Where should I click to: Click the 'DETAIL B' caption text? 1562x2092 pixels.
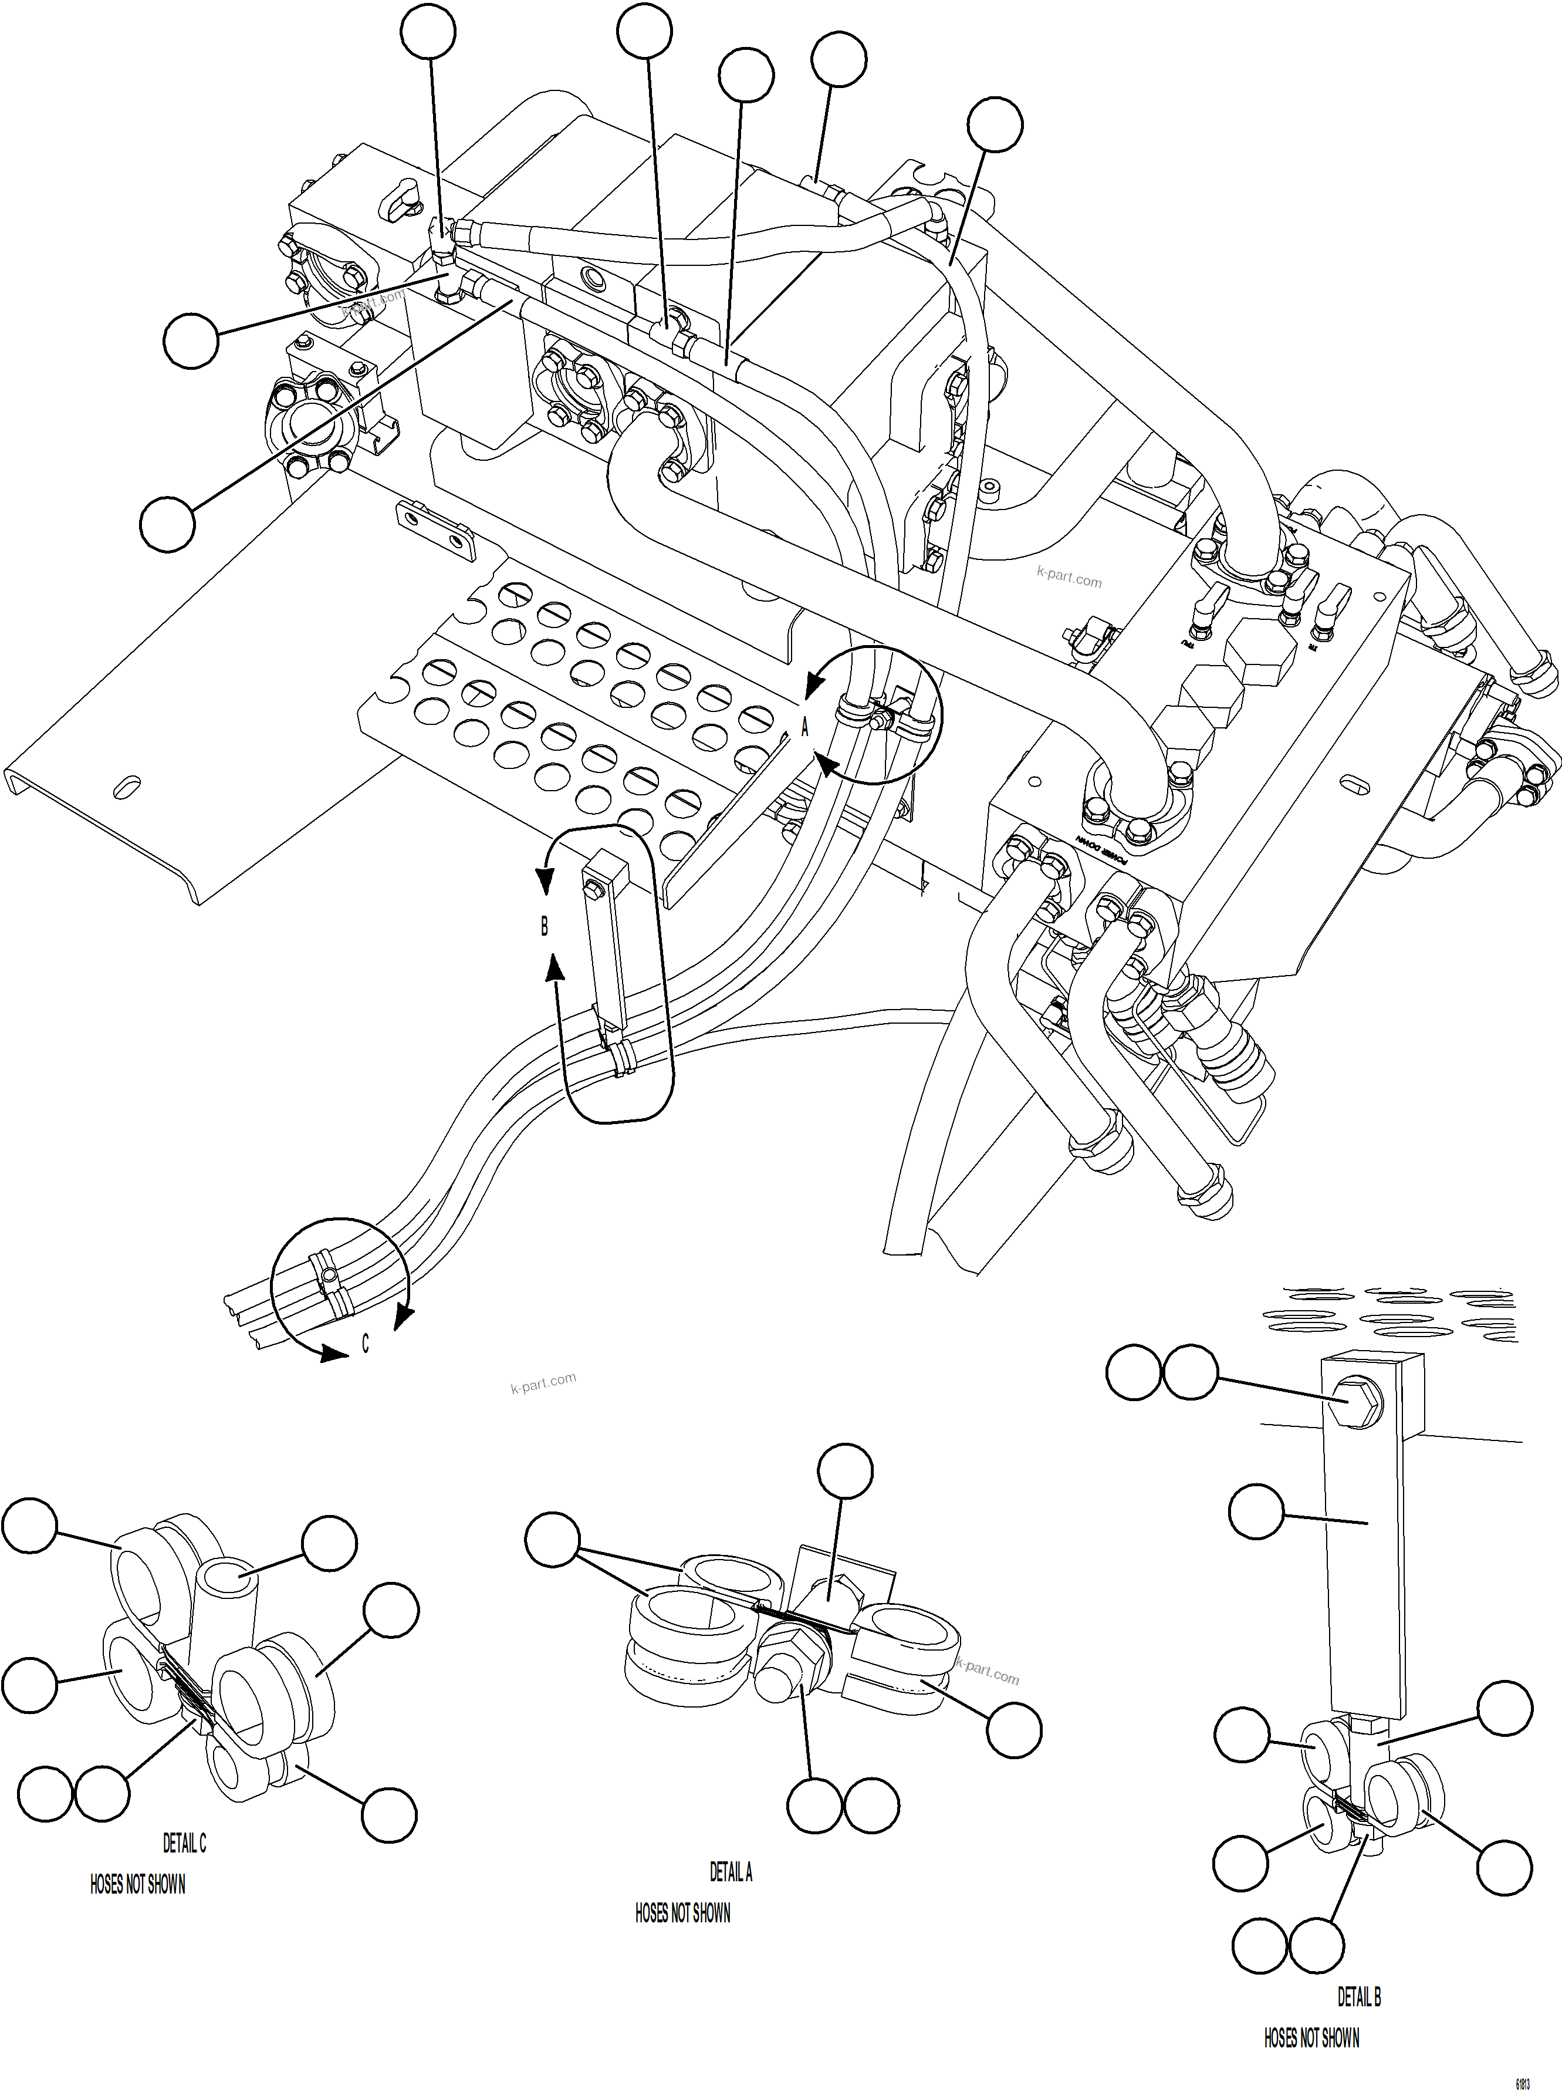(x=1359, y=1996)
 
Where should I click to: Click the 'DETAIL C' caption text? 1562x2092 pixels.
(x=184, y=1843)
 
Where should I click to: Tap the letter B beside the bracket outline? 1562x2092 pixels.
(x=544, y=926)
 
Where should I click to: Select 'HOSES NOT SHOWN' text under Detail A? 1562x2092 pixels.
(x=682, y=1913)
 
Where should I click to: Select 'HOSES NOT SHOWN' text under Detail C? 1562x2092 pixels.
(x=137, y=1884)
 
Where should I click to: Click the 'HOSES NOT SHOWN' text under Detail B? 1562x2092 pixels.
(x=1311, y=2037)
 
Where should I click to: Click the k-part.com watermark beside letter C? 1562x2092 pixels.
(x=543, y=1384)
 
